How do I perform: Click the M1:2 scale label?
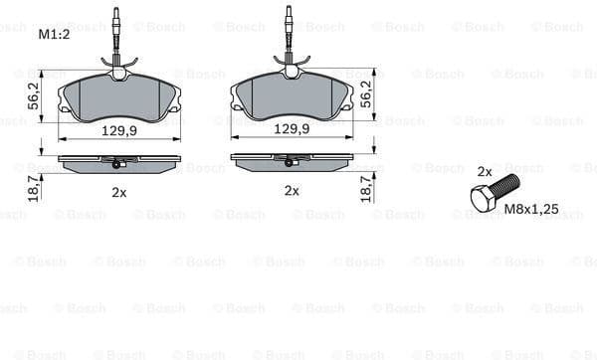pyautogui.click(x=54, y=35)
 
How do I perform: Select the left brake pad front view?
pyautogui.click(x=119, y=98)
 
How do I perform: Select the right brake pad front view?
pyautogui.click(x=292, y=98)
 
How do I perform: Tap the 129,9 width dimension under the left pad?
pyautogui.click(x=119, y=128)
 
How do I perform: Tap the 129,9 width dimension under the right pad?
pyautogui.click(x=292, y=128)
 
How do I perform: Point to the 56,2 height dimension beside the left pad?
pyautogui.click(x=33, y=95)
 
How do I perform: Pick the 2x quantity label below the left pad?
pyautogui.click(x=119, y=191)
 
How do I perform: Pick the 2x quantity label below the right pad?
pyautogui.click(x=292, y=190)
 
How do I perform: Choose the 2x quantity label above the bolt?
pyautogui.click(x=485, y=171)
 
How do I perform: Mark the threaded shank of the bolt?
pyautogui.click(x=504, y=185)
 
